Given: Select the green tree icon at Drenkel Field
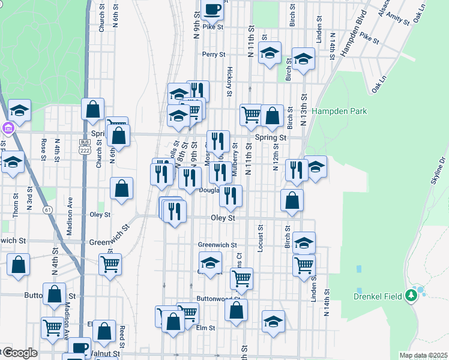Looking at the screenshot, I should [411, 295].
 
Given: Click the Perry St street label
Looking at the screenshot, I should [213, 55].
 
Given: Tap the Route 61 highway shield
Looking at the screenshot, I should [46, 209].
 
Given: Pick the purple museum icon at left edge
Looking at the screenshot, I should [7, 128].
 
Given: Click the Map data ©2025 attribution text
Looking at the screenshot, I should [424, 355].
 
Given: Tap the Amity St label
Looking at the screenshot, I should [398, 19].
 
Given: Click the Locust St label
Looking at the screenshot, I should [261, 238].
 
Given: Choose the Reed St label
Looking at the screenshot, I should [122, 338].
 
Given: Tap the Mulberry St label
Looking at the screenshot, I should [236, 160].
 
